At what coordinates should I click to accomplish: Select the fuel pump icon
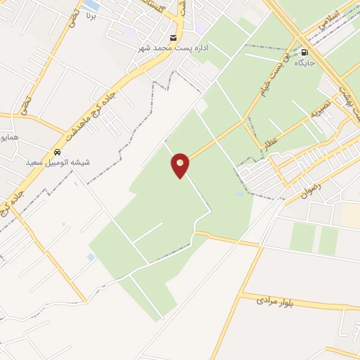click(x=304, y=52)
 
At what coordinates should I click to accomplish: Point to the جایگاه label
click(x=304, y=63)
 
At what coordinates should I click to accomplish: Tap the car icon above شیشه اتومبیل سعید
click(x=58, y=152)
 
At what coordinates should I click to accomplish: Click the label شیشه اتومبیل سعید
click(x=58, y=162)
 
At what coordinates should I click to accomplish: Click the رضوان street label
click(x=311, y=190)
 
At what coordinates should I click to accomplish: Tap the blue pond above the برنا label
click(x=91, y=4)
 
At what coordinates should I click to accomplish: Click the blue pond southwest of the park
click(x=91, y=257)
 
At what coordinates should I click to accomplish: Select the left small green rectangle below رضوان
click(x=303, y=237)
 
